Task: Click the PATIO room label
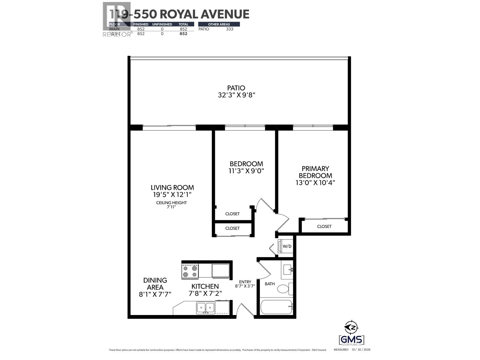pos(236,88)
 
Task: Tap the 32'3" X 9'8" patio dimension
pos(236,95)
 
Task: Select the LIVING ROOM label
pos(172,187)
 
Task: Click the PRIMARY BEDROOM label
pos(315,172)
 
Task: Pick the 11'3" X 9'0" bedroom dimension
pos(246,171)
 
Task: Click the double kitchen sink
pos(205,308)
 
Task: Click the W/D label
pos(287,246)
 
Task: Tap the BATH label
pos(270,283)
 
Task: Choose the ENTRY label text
pos(245,282)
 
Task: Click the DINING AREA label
pos(155,283)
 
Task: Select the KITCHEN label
pos(205,286)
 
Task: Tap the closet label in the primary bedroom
pos(324,226)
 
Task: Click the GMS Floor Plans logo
pos(351,340)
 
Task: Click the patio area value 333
pos(229,29)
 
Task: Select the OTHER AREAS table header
pos(219,24)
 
